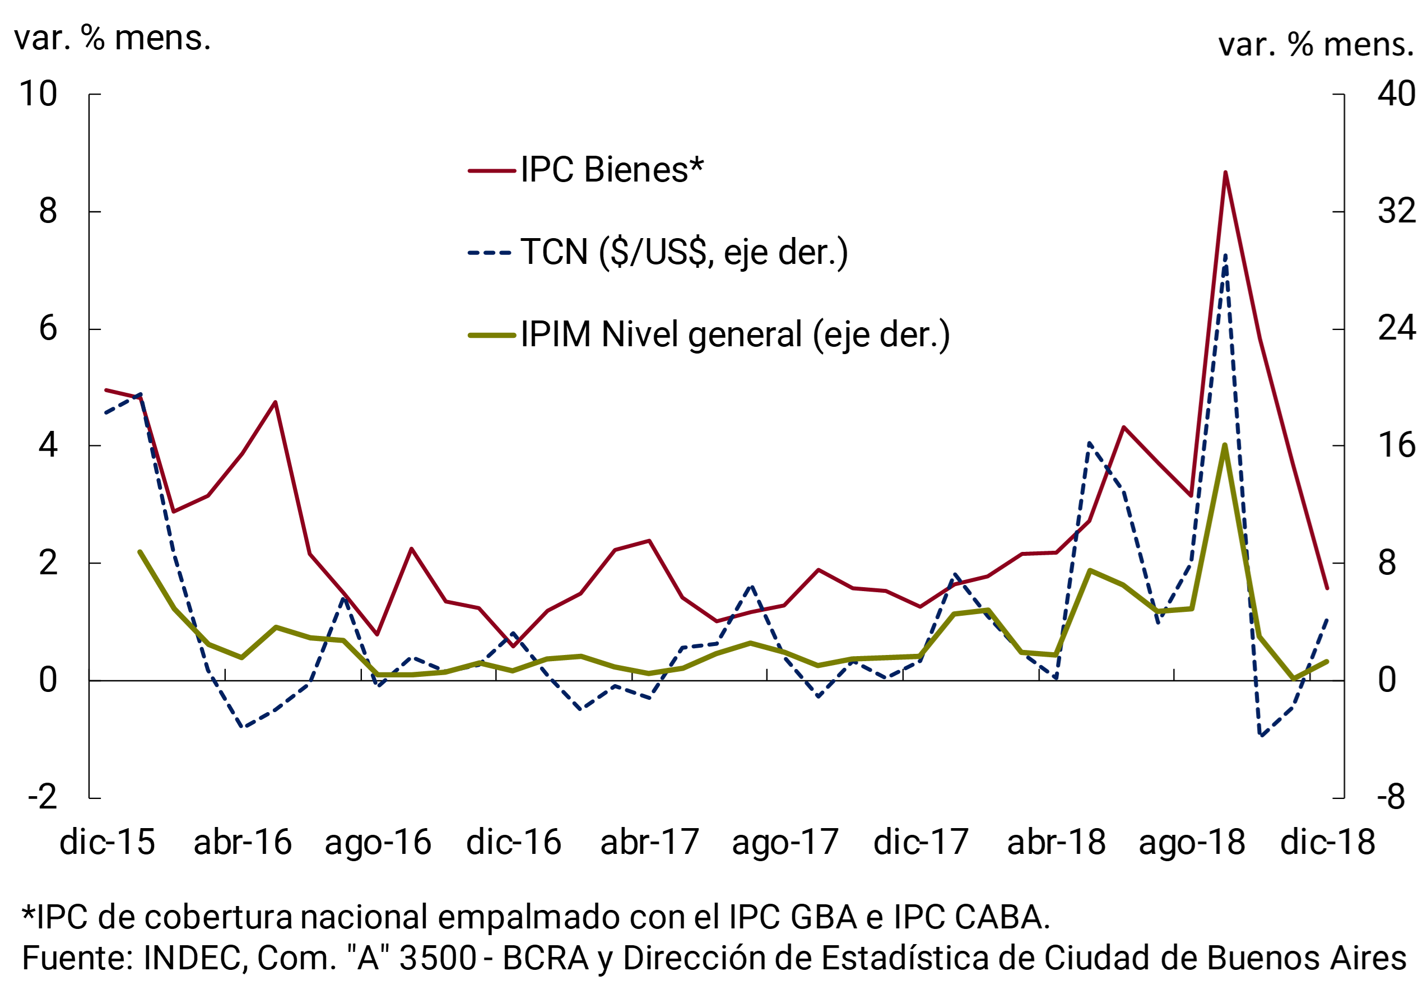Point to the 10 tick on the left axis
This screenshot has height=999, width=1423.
39,94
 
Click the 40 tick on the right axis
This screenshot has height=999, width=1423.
1396,94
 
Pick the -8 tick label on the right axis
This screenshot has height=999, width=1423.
1391,798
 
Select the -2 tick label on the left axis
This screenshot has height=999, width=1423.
42,798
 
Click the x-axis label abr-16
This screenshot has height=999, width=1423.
243,842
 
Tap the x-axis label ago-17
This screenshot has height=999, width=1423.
785,842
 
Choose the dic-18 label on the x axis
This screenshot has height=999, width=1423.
1328,842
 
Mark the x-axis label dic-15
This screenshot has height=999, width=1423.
107,842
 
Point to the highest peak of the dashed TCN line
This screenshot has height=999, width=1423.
1225,255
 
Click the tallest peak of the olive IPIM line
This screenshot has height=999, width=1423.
1225,445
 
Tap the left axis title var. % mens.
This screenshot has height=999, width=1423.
112,39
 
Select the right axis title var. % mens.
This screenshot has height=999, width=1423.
1315,45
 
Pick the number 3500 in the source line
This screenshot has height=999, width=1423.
438,958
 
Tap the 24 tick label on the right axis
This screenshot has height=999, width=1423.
1396,328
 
